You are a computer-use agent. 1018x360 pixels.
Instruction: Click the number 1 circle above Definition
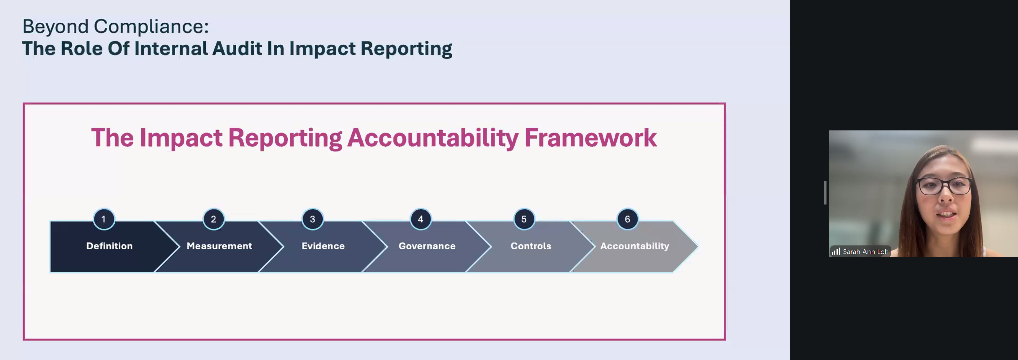point(104,219)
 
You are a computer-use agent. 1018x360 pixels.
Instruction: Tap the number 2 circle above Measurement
point(213,219)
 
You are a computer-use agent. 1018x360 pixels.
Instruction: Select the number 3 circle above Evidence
point(312,219)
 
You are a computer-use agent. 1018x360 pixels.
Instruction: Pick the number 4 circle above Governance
point(420,219)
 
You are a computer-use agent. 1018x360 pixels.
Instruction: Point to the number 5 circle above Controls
point(524,219)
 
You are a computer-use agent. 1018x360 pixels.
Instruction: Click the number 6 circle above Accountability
point(627,219)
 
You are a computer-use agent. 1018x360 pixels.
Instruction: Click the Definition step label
point(109,246)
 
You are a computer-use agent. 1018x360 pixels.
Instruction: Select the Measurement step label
point(219,246)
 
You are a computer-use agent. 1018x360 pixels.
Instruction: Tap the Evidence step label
point(323,246)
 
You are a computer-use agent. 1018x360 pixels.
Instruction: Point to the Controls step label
point(531,246)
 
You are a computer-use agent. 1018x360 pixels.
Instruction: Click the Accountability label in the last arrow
point(635,246)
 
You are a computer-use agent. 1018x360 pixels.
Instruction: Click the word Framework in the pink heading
point(590,138)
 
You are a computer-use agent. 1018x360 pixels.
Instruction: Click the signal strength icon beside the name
point(836,251)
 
